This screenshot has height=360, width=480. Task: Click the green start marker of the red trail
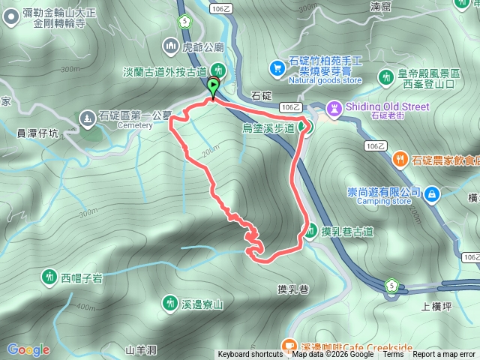[214, 86]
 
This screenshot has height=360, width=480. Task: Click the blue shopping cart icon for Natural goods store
[277, 67]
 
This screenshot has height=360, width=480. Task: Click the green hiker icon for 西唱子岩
[49, 277]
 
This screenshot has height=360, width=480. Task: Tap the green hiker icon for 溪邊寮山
[170, 303]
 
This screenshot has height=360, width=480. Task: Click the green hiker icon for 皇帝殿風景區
[385, 76]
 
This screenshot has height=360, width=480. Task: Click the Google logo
[28, 349]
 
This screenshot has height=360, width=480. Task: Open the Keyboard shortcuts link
[251, 355]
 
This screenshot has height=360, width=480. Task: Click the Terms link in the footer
[393, 355]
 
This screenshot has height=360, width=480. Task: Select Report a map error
[444, 355]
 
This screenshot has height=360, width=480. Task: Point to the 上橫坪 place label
[436, 306]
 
